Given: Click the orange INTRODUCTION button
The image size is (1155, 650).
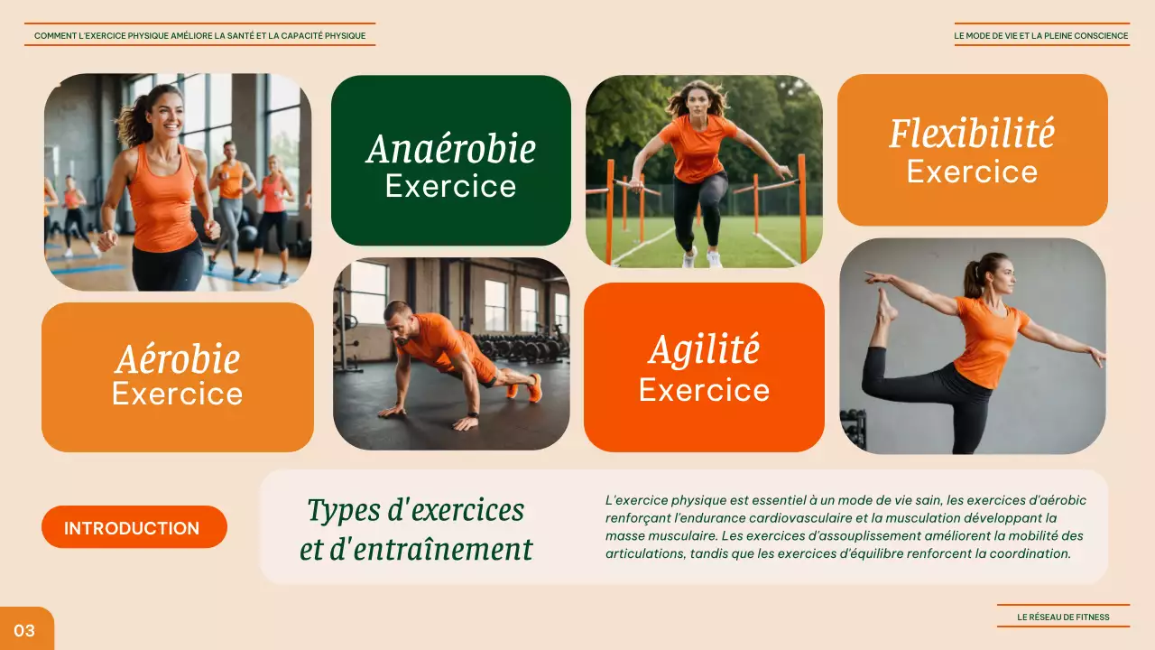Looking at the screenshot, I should tap(133, 528).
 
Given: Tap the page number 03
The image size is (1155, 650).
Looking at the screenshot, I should tap(24, 630).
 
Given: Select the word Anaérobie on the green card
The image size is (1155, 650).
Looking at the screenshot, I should tap(450, 149).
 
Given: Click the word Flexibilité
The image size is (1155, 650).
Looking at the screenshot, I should tap(972, 134).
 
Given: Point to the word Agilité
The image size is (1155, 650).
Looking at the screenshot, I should tap(704, 349).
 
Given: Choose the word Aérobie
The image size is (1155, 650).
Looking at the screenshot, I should tap(178, 359).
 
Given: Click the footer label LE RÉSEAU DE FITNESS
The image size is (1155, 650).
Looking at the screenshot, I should tap(1063, 617).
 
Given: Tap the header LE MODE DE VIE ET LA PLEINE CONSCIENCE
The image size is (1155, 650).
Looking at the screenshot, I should tap(1041, 36).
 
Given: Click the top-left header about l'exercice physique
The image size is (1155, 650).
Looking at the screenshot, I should tap(199, 36).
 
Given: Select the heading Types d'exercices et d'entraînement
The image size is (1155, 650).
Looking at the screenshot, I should tap(416, 529).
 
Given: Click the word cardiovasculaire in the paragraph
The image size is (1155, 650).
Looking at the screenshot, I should tap(791, 518).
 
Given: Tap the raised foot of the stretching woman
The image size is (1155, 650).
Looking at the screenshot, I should tap(886, 306).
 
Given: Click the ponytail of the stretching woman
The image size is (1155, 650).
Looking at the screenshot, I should tap(973, 276).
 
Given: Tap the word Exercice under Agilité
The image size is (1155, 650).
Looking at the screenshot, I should tap(704, 390).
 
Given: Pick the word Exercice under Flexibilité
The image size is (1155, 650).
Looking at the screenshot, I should tap(972, 172).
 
